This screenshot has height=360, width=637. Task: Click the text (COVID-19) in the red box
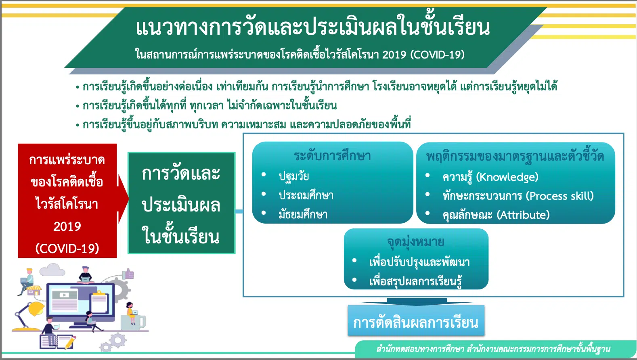click(67, 249)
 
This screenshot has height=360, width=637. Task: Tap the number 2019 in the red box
click(67, 226)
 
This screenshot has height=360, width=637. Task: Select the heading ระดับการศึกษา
click(333, 156)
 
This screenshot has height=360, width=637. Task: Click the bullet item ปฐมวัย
click(294, 176)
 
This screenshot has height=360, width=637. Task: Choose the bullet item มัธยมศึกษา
click(303, 214)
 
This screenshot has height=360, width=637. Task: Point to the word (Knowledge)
click(507, 177)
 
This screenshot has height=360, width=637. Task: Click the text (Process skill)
click(559, 196)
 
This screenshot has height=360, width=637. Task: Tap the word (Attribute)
click(523, 215)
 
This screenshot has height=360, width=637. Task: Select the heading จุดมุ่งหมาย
click(416, 242)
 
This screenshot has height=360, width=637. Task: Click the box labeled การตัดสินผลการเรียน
click(416, 320)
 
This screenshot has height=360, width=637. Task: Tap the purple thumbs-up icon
click(128, 274)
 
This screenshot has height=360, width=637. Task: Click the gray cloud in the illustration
click(52, 270)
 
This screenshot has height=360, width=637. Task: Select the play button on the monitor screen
click(64, 295)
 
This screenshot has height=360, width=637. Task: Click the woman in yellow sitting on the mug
click(131, 313)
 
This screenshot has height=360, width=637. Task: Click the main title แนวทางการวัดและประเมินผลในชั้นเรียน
click(313, 27)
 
